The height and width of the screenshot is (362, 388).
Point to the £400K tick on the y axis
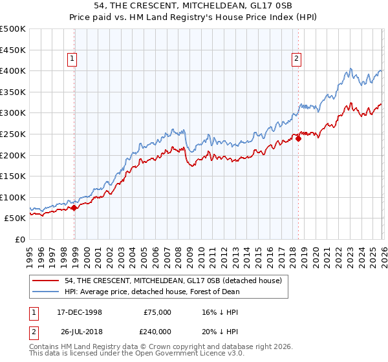[x=13, y=70]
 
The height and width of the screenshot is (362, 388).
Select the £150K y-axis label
[x=13, y=176]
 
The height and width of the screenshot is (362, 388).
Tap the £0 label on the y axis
[x=21, y=239]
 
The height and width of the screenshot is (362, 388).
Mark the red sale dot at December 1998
[x=74, y=208]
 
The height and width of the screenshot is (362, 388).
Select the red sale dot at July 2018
[x=298, y=138]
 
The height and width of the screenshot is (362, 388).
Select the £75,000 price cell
[x=157, y=312]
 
